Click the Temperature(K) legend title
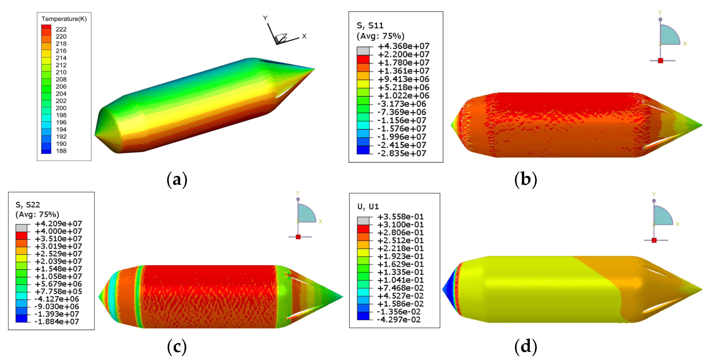64,19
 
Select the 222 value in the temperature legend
61,29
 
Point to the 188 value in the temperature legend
61,151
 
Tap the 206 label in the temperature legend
61,87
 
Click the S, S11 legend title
370,26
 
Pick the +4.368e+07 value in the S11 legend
403,46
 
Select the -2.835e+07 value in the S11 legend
402,153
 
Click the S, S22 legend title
28,205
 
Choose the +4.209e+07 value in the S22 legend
58,224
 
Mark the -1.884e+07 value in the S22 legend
57,322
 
